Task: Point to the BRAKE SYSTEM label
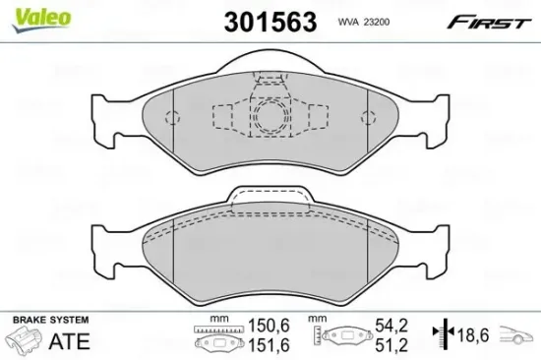[x=49, y=320]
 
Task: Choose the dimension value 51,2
[x=391, y=344]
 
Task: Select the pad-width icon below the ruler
[x=216, y=345]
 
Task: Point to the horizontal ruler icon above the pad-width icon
[x=216, y=329]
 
